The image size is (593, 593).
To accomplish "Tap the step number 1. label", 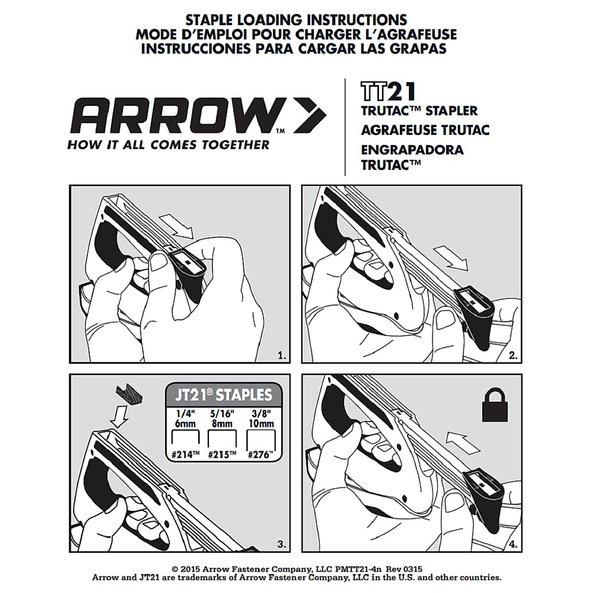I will click(282, 355).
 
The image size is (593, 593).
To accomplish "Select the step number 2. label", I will click(513, 355).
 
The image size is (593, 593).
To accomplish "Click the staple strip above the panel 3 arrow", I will click(127, 395).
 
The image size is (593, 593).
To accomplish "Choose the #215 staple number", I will click(221, 455).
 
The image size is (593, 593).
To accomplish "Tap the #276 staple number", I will click(260, 455).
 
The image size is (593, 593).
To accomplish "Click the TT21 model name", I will click(388, 92).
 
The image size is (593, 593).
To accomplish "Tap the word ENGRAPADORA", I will click(412, 149).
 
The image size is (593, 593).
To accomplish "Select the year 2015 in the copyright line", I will click(191, 569).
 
